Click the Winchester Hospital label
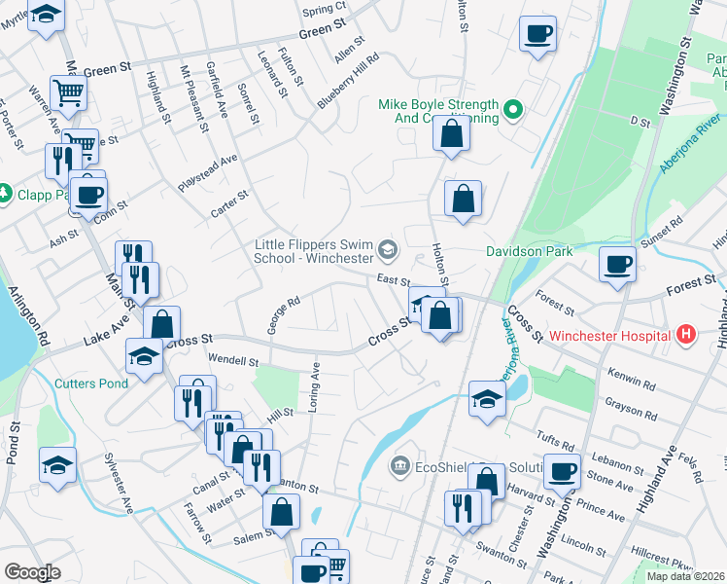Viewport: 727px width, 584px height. coord(610,336)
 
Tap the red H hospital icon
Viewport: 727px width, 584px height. coord(687,335)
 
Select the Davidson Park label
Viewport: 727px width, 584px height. coord(529,250)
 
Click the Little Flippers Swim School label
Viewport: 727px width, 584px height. coord(314,252)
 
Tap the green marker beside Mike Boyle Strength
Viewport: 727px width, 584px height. coord(514,111)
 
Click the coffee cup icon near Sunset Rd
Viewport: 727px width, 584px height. coord(617,263)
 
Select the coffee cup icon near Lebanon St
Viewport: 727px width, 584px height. coord(561,471)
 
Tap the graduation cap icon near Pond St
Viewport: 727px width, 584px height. coord(57,464)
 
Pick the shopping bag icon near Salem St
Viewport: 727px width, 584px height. coord(281,512)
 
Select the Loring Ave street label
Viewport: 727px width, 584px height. coord(314,387)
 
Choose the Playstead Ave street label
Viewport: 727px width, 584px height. coord(207,172)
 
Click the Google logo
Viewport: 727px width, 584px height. coord(32,572)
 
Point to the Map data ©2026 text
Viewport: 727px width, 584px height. coord(685,576)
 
